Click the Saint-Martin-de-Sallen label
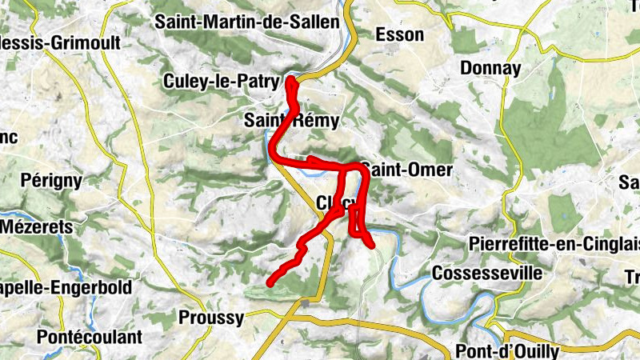tap(247, 22)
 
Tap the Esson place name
tap(397, 34)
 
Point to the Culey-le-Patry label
tap(220, 82)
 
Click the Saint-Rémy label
tap(292, 122)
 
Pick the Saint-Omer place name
tap(406, 170)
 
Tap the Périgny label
tap(52, 180)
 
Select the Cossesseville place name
tap(486, 274)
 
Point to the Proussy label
tap(211, 318)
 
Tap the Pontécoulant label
tap(82, 337)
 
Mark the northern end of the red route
tap(290, 80)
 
